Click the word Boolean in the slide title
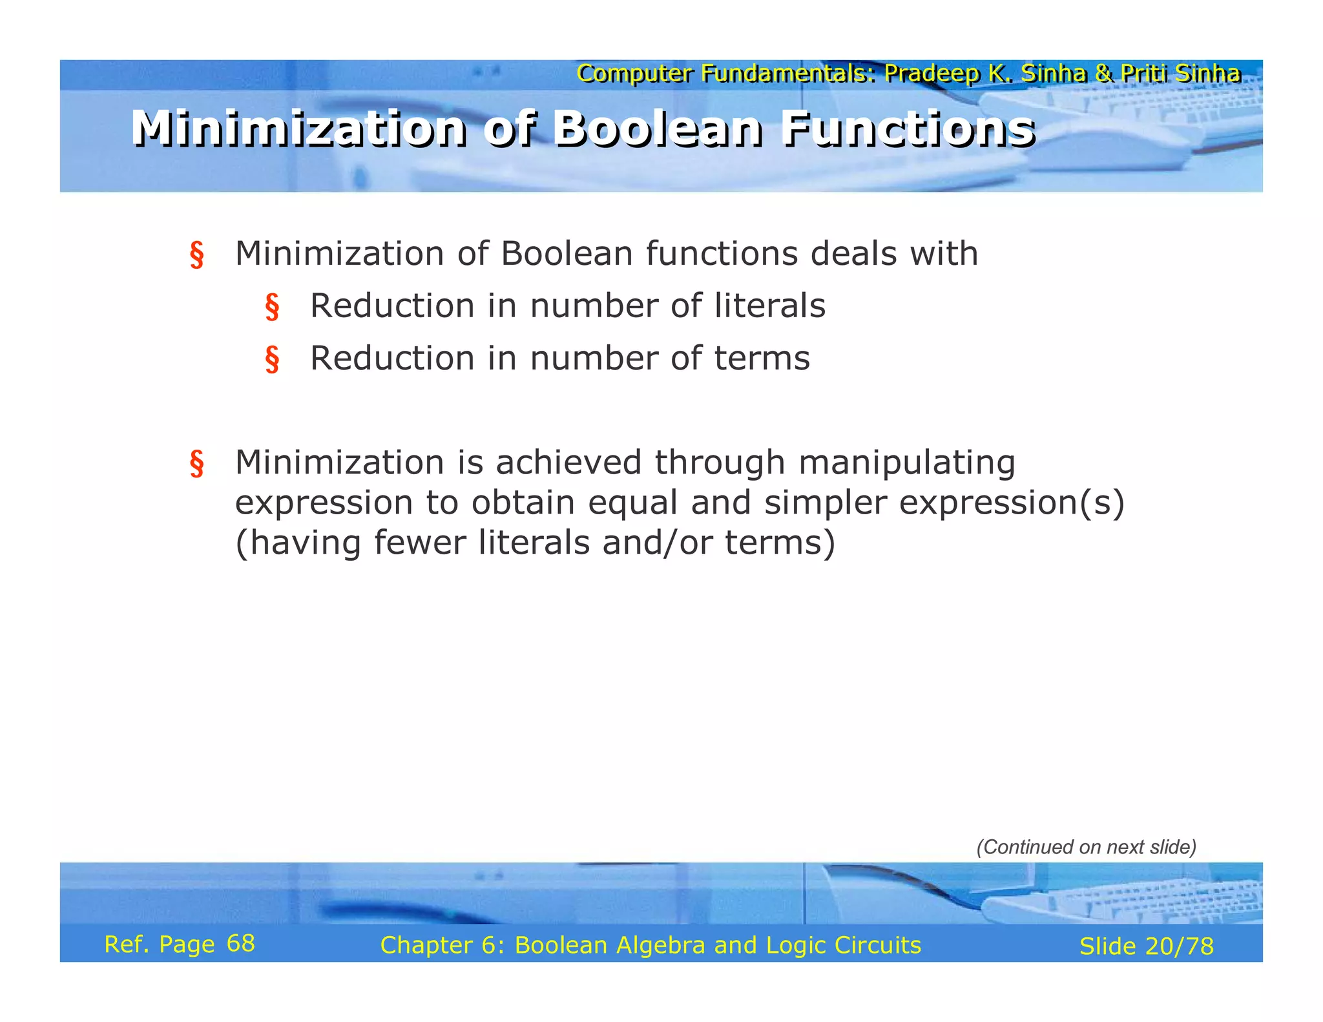pyautogui.click(x=658, y=129)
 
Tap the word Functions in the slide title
pyautogui.click(x=908, y=129)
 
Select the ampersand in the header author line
pyautogui.click(x=1104, y=74)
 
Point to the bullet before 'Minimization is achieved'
pyautogui.click(x=197, y=463)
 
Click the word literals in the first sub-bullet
pyautogui.click(x=769, y=306)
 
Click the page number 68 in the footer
pyautogui.click(x=241, y=944)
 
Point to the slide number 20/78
pyautogui.click(x=1179, y=946)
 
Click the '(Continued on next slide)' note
pyautogui.click(x=1086, y=847)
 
